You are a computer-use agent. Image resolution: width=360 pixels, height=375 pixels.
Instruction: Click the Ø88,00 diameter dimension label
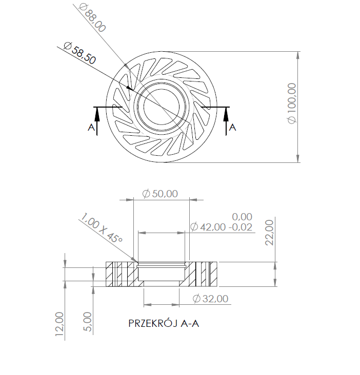92,17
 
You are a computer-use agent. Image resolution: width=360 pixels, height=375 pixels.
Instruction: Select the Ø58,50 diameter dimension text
79,52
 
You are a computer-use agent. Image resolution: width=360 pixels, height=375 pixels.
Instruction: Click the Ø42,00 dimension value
209,227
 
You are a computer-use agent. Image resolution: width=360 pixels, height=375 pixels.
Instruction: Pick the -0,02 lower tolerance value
241,227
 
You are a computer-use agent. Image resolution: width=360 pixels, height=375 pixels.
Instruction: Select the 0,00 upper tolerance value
242,217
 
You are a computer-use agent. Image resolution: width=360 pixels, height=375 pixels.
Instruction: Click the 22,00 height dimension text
270,232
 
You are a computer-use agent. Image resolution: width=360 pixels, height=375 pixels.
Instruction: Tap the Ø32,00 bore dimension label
210,299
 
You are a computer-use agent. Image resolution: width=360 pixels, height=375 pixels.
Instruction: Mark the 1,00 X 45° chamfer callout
101,230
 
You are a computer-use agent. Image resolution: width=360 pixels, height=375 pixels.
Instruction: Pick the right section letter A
232,127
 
